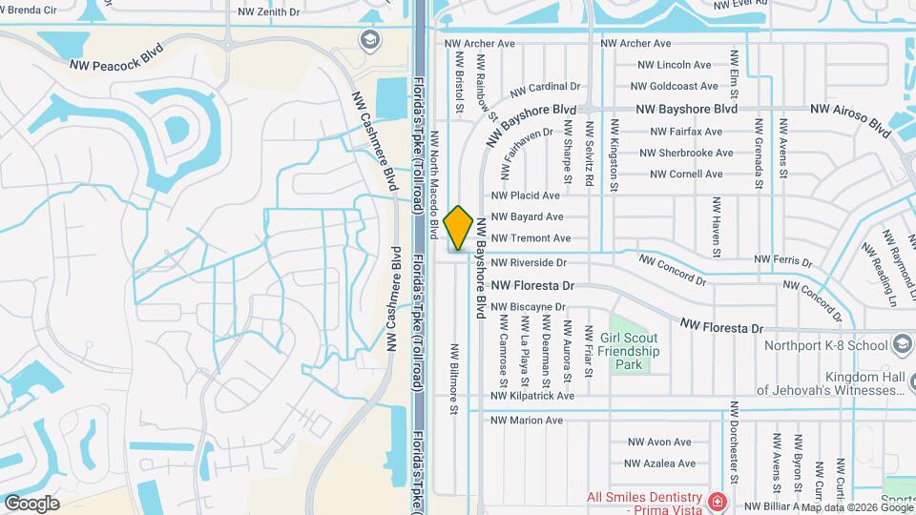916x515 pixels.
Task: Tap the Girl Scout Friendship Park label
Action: click(x=631, y=351)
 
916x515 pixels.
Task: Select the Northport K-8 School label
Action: click(x=823, y=345)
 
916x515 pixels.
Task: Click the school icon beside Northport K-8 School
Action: click(x=903, y=344)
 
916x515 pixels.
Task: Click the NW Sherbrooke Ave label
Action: click(x=686, y=153)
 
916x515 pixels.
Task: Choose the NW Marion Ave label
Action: click(x=527, y=420)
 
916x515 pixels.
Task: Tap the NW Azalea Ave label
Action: click(x=660, y=463)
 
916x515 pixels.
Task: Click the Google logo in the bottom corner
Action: click(x=31, y=504)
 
